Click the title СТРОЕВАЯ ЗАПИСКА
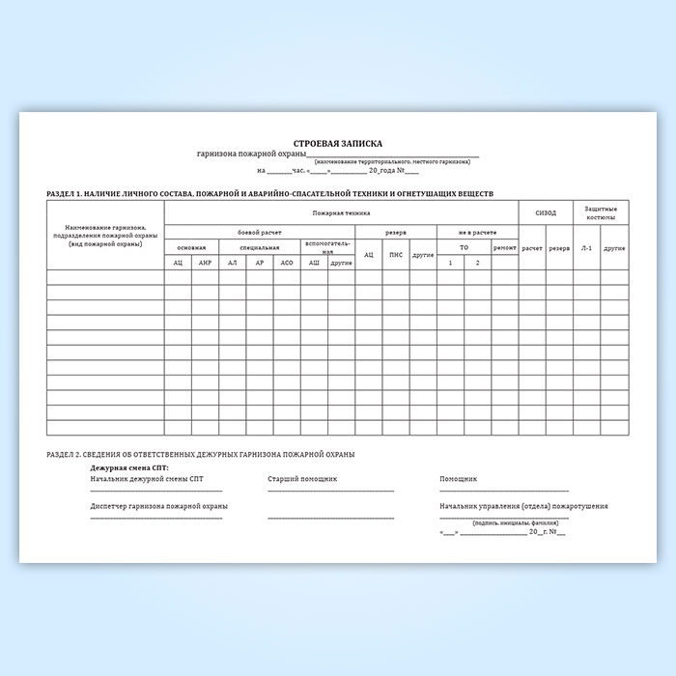(337, 142)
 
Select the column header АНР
(205, 263)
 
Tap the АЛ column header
(232, 263)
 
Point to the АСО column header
(287, 263)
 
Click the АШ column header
(314, 263)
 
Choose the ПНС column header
(395, 255)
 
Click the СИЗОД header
(546, 212)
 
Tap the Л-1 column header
(586, 248)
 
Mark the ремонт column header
(504, 248)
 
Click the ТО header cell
(464, 247)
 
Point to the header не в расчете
(477, 233)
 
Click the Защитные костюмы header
(601, 212)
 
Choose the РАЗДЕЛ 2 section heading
(200, 453)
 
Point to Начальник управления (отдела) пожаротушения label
(523, 506)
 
